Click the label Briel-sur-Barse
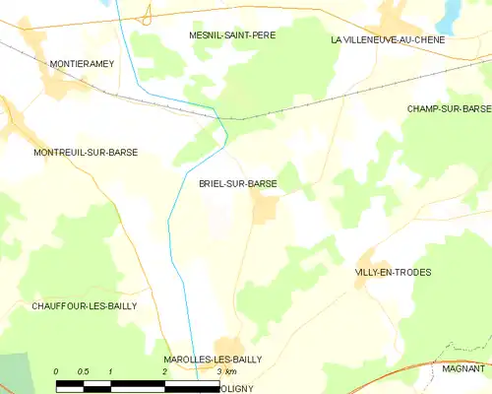237,183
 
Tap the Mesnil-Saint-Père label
232,34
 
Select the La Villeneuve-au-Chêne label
388,39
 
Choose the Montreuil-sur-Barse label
86,153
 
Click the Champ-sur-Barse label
449,108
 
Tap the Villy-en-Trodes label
394,272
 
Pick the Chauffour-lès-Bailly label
84,306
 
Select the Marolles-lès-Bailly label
214,361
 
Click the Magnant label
462,368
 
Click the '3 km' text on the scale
226,372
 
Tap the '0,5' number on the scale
84,372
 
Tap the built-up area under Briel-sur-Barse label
263,206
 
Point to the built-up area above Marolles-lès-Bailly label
228,344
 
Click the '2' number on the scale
164,372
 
